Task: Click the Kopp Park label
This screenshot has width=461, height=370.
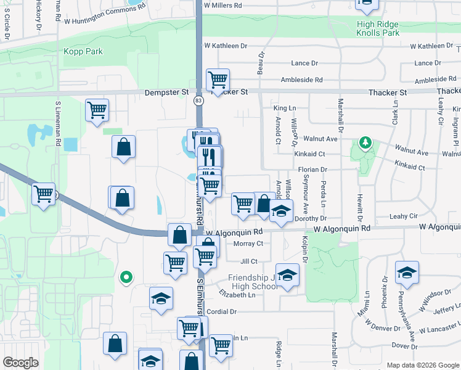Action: (83, 51)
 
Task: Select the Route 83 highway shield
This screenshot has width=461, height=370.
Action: (198, 100)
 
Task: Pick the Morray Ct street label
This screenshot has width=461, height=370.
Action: (249, 244)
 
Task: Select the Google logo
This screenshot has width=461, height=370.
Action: (20, 362)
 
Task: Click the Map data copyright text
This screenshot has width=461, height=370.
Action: (422, 365)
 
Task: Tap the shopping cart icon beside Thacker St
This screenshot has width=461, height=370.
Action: (218, 80)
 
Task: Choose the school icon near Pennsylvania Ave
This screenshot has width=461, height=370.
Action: (407, 272)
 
